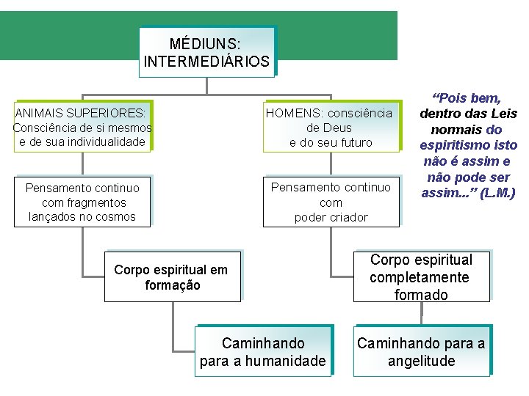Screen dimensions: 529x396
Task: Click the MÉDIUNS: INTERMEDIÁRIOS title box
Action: [206, 52]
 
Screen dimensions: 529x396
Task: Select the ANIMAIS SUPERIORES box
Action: [82, 127]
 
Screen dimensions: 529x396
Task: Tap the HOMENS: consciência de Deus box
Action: [331, 127]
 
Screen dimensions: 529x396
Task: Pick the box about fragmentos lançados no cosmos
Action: [82, 202]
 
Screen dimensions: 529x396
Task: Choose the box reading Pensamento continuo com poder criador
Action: [331, 202]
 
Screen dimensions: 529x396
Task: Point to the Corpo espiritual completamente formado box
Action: [421, 277]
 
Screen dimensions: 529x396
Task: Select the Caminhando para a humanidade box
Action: [263, 352]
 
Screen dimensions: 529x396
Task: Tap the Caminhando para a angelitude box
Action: [421, 352]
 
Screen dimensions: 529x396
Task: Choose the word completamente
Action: [420, 277]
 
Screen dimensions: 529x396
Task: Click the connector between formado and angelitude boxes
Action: [422, 313]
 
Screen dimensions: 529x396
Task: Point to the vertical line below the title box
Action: [206, 85]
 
